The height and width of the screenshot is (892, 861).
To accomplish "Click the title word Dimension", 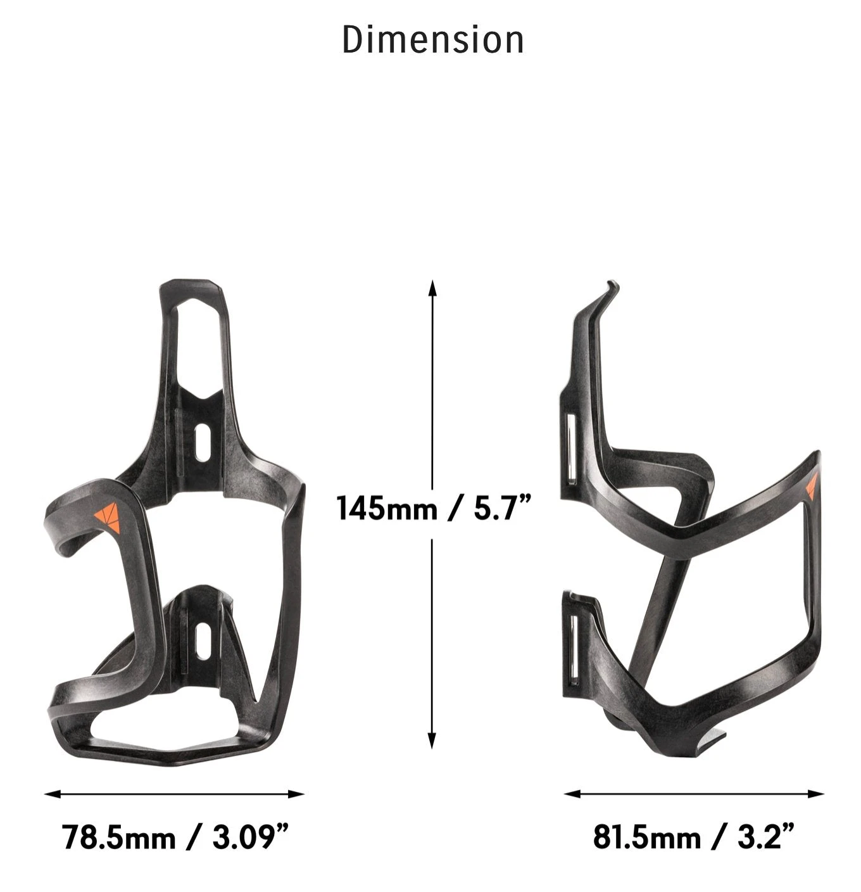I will click(433, 39).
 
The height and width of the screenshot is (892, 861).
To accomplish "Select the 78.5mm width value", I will click(118, 838).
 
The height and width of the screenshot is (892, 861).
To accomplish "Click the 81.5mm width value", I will click(647, 838).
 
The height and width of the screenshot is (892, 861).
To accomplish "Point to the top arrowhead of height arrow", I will click(432, 287).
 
